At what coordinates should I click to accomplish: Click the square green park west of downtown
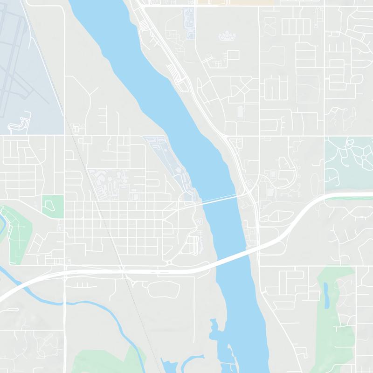53,206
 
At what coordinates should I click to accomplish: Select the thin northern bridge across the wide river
219,199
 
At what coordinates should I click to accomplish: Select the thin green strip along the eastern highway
350,197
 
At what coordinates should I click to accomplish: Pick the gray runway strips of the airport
19,70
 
